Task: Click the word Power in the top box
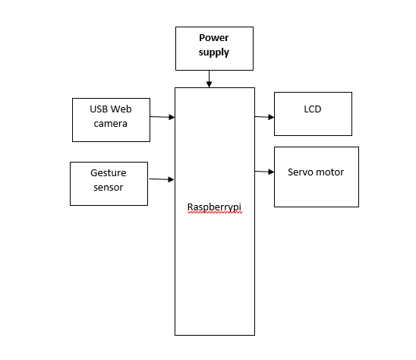pos(213,38)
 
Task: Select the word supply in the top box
pos(213,52)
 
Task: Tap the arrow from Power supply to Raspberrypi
pos(209,79)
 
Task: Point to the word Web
pos(121,109)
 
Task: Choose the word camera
pos(110,124)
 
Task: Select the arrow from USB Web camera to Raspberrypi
pos(162,117)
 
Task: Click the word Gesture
pos(109,173)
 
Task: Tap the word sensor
pos(109,188)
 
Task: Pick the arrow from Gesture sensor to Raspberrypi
pos(162,179)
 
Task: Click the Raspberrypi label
pos(214,207)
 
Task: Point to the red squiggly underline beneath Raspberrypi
pos(215,212)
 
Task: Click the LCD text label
pos(313,109)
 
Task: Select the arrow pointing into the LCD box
pos(264,117)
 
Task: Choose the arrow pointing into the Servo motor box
pos(264,172)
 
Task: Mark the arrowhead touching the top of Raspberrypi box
pos(209,84)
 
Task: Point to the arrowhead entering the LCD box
pos(271,117)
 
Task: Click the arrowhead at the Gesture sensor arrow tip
pos(171,180)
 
